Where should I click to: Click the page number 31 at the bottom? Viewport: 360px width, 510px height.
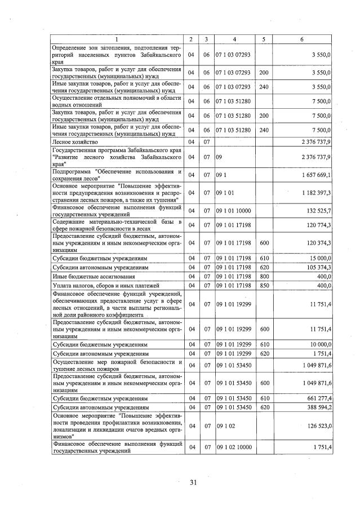pyautogui.click(x=193, y=482)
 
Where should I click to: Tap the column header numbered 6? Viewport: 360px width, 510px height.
pyautogui.click(x=303, y=39)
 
